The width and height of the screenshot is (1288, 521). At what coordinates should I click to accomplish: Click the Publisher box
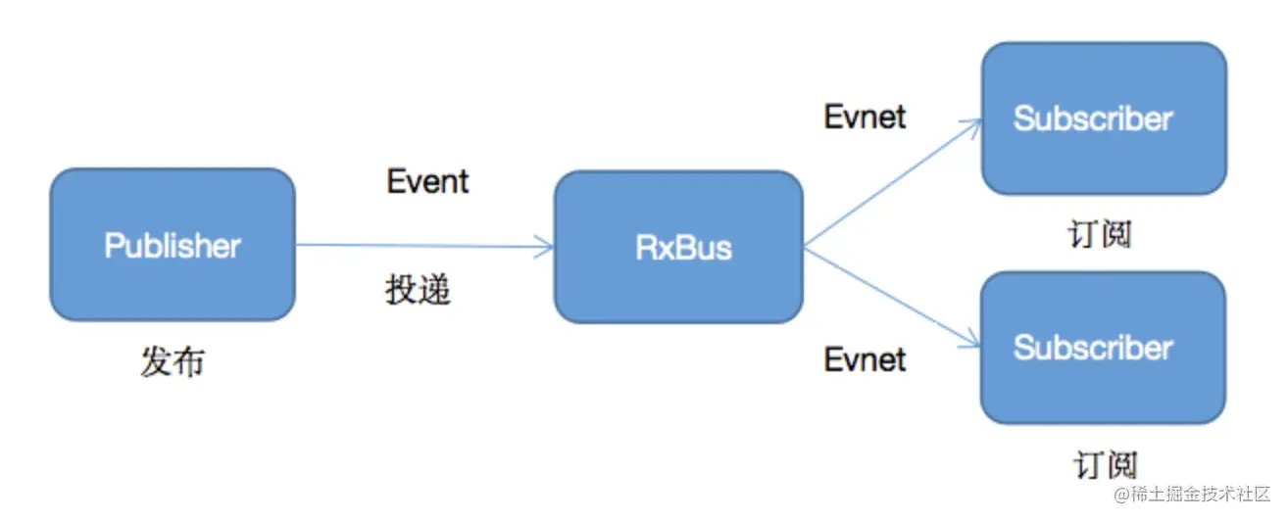pos(173,245)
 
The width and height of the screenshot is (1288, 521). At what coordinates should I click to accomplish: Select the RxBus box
pos(678,247)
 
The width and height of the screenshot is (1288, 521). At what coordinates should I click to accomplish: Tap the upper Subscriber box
pos(1104,118)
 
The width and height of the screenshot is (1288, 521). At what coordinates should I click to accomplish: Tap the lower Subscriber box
pos(1103,348)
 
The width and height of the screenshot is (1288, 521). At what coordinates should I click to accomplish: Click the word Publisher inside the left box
pos(173,245)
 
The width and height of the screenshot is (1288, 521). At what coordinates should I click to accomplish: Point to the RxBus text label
pos(683,247)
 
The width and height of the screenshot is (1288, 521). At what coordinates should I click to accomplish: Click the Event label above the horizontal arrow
pos(428,181)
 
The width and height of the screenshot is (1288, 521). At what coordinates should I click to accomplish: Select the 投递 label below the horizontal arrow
pos(419,291)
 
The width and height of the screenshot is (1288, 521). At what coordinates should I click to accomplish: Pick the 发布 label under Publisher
pos(173,362)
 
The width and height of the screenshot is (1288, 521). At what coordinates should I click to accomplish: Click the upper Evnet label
pos(865,117)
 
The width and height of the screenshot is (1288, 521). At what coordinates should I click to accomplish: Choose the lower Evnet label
pos(865,359)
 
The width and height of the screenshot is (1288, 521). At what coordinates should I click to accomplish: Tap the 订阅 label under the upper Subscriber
pos(1100,234)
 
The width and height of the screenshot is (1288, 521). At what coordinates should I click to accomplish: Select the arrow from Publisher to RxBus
pos(421,246)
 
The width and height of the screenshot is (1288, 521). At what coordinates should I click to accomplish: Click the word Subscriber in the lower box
pos(1093,348)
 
